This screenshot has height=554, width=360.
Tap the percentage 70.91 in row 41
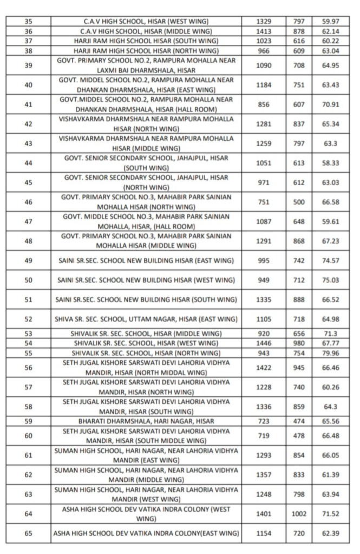(x=330, y=105)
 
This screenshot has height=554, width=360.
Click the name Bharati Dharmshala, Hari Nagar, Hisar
(x=146, y=421)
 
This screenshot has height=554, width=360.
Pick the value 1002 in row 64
(x=299, y=514)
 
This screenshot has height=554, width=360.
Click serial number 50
(x=29, y=280)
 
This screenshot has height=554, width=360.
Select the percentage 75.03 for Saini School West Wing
(x=330, y=280)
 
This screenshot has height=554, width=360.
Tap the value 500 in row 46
(x=299, y=202)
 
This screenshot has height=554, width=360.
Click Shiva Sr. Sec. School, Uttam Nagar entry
(x=146, y=319)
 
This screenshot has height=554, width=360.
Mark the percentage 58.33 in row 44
(x=330, y=163)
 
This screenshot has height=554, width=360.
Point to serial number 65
(x=29, y=533)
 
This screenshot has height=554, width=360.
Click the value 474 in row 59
(x=299, y=421)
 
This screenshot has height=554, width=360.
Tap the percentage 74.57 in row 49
(x=330, y=260)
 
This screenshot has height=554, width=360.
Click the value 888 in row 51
(x=299, y=299)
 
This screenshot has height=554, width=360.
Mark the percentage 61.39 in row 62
(x=330, y=474)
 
